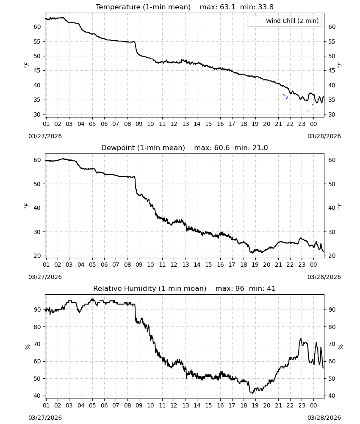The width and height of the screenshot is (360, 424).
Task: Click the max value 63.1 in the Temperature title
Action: (228, 7)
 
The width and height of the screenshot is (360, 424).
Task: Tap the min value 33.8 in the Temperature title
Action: (266, 7)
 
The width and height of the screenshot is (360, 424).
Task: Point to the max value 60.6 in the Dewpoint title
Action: (222, 148)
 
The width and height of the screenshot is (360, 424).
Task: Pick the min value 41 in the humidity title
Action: (271, 288)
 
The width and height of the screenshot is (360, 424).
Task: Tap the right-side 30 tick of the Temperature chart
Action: (332, 114)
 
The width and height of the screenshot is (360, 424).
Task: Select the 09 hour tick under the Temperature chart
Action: (139, 124)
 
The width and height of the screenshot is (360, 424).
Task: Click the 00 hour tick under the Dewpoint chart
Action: (313, 265)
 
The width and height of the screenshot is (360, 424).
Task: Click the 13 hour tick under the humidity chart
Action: (185, 405)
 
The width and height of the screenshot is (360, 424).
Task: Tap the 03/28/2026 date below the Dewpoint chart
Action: (324, 277)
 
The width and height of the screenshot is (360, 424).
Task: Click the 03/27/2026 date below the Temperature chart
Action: (45, 136)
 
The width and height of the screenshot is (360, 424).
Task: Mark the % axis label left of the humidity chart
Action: (27, 347)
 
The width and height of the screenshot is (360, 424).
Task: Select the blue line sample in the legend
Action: (255, 21)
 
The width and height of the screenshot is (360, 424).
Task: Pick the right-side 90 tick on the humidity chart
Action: (332, 310)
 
